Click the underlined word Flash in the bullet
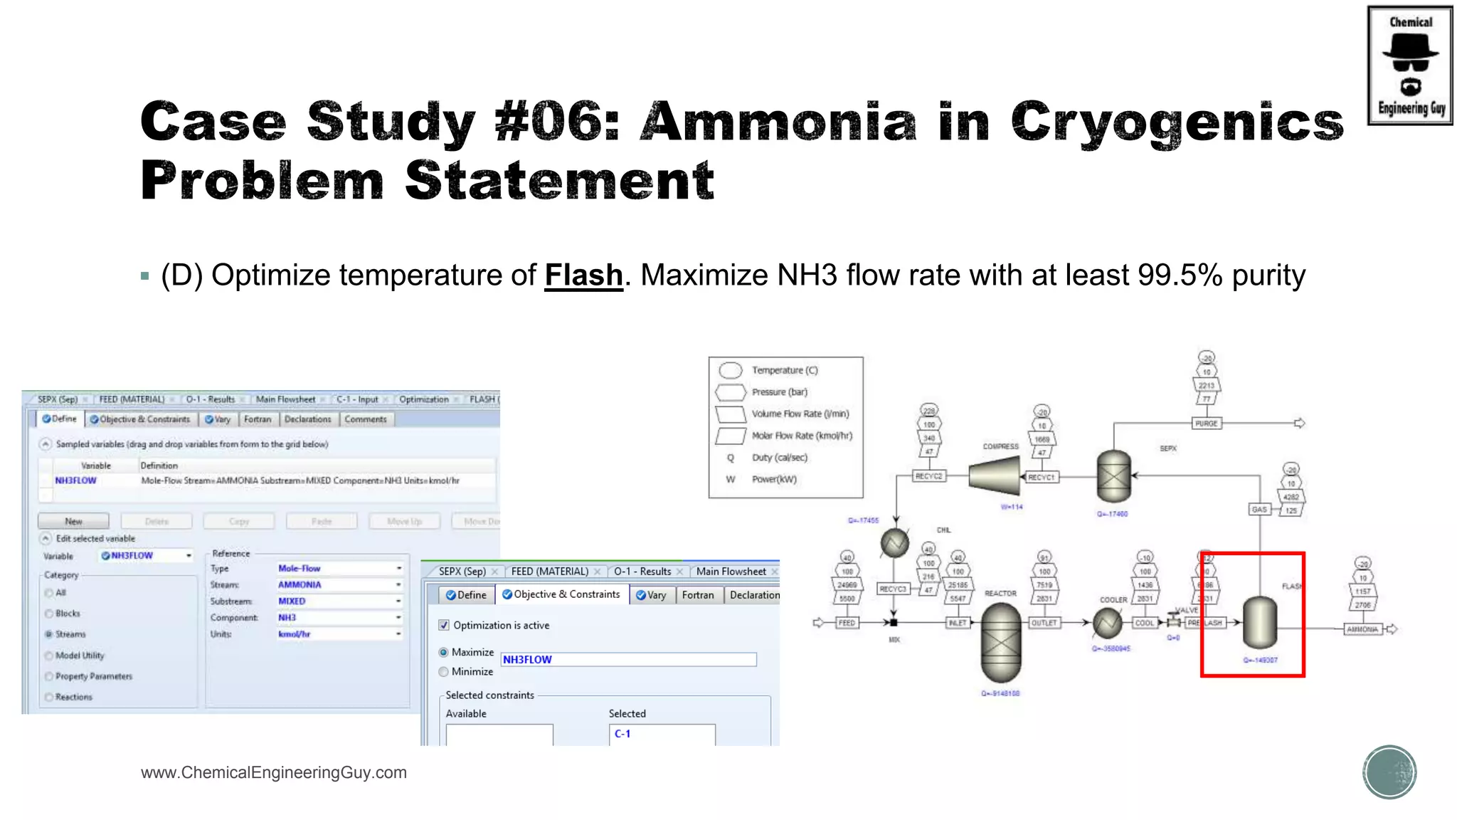click(x=583, y=275)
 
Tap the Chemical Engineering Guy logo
click(x=1410, y=65)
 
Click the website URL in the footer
click(x=274, y=772)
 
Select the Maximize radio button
click(x=444, y=652)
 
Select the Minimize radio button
click(x=444, y=671)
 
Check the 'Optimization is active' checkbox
click(x=444, y=625)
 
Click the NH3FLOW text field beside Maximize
click(x=627, y=659)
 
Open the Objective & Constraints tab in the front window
click(x=561, y=594)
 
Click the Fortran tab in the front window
click(x=697, y=595)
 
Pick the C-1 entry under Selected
click(x=622, y=733)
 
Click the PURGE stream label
click(x=1206, y=424)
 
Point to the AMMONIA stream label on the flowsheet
click(x=1362, y=629)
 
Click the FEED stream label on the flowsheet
click(x=847, y=623)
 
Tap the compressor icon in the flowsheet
click(x=995, y=476)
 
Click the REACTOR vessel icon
click(x=1001, y=642)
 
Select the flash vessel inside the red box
click(x=1259, y=622)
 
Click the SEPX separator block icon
click(x=1113, y=476)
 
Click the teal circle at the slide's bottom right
click(x=1389, y=772)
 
